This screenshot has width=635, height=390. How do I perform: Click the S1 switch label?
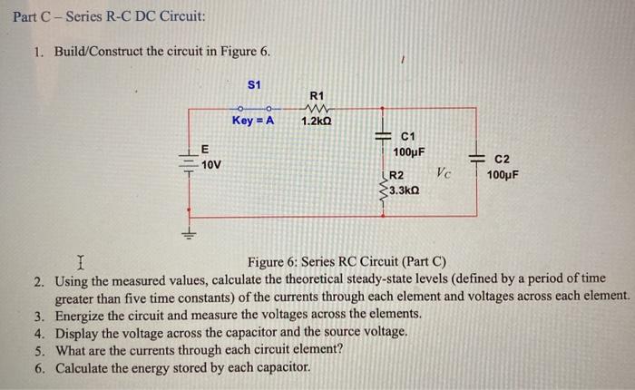[254, 84]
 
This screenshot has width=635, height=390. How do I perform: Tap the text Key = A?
[253, 120]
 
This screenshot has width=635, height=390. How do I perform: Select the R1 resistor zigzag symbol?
[316, 108]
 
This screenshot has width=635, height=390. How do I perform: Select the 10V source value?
[211, 165]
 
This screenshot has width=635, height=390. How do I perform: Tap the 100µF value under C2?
[503, 174]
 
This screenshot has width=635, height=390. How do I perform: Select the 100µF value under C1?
[410, 151]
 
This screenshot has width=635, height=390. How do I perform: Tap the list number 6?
[40, 368]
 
